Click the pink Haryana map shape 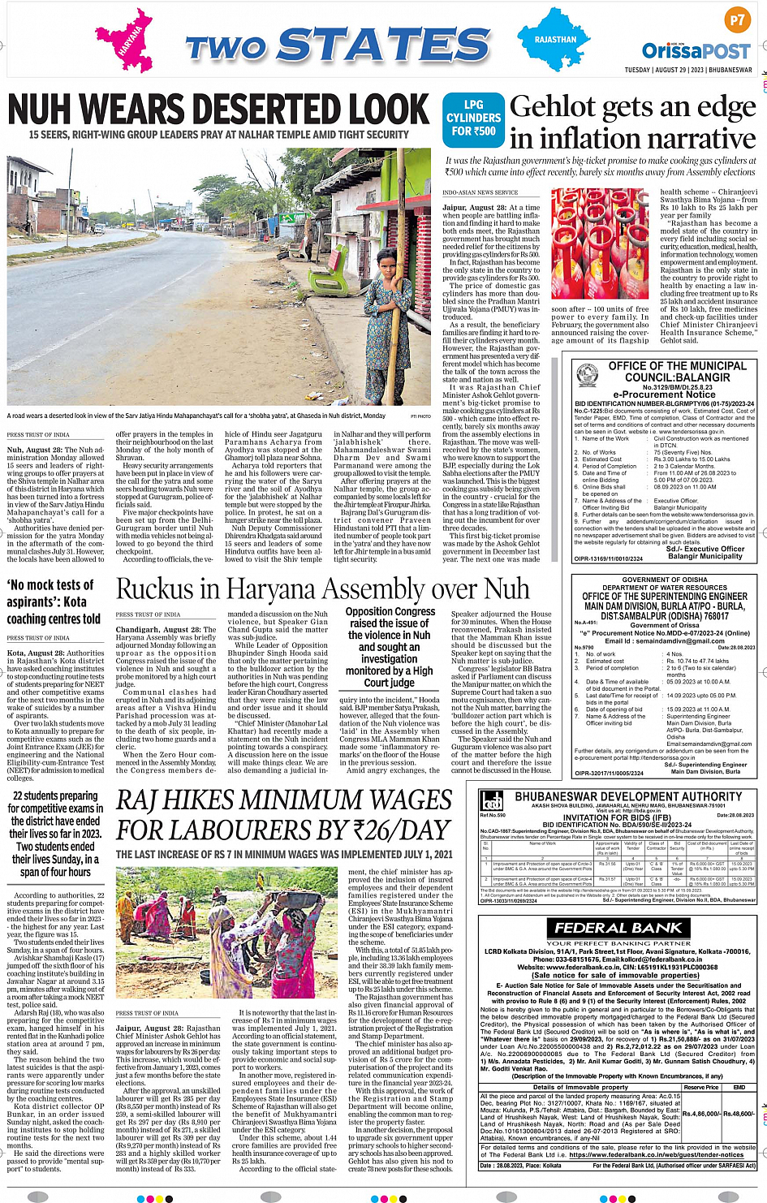124,41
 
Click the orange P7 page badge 736,20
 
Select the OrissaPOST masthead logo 696,50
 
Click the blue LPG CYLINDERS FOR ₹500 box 473,118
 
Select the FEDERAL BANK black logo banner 618,927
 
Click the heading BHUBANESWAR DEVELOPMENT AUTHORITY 628,797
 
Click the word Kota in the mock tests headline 75,601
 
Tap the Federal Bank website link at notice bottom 656,1154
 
